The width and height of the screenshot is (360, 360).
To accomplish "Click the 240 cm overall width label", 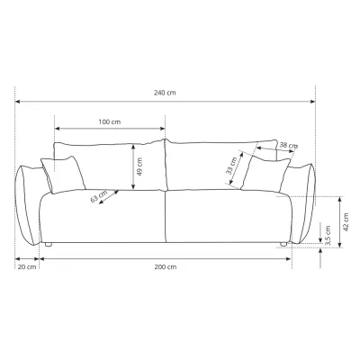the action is pos(165,93).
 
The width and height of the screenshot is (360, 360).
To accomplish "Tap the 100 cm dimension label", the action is pos(110,121).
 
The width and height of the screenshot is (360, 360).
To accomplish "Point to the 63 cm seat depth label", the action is pos(99,196).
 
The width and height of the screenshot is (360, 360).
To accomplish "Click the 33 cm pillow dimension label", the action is pos(231,166).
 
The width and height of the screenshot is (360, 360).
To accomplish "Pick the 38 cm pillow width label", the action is pos(289,145).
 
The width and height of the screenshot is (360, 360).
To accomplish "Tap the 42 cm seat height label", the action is pos(346,222).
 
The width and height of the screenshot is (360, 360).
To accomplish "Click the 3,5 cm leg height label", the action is pos(328,236).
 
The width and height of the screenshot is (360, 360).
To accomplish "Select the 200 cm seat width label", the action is pos(166,266).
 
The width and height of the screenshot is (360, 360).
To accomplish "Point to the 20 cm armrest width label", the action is pos(27,266).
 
